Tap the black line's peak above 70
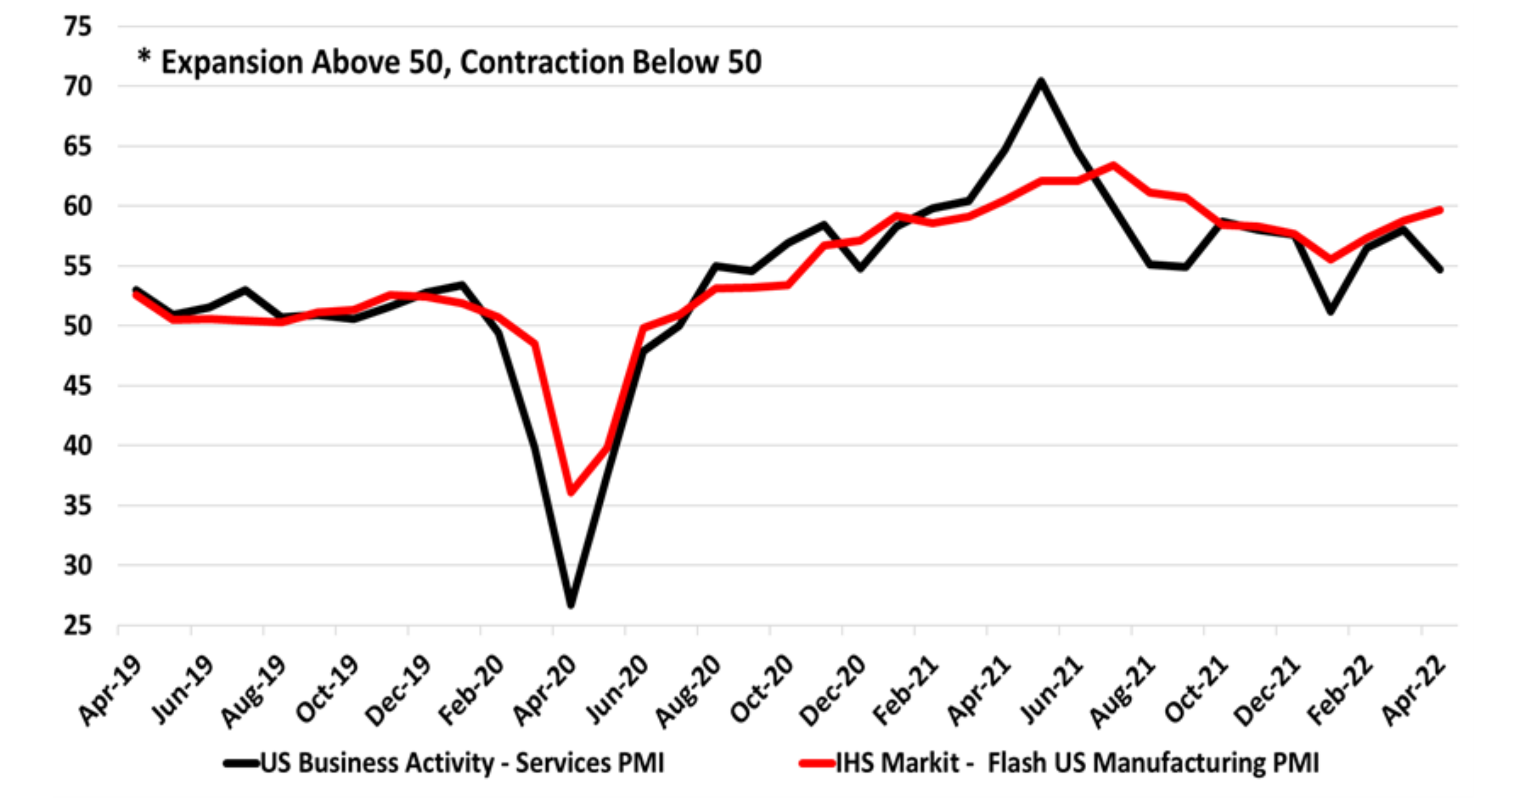1040,81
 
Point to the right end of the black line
1440,270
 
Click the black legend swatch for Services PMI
241,764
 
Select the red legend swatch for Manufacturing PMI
817,764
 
